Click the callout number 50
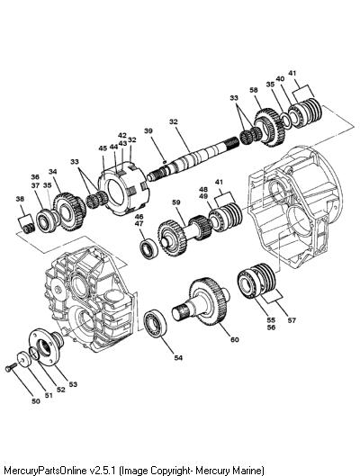pos(36,401)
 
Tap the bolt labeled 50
pos(9,368)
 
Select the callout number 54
pos(178,358)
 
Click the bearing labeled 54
pos(155,323)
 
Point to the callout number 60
pos(235,339)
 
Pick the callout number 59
pos(176,202)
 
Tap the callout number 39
pos(148,130)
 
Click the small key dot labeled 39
pos(164,162)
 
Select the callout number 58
pos(254,90)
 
